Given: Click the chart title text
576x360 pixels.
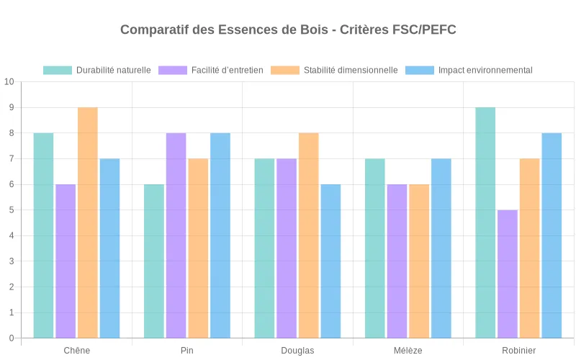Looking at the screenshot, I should click(x=288, y=30).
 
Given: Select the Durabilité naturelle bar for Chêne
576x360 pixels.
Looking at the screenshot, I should click(x=43, y=235).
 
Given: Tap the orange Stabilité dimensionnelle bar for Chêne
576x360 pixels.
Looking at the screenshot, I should click(x=88, y=222).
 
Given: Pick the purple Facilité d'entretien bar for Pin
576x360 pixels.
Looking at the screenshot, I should click(x=176, y=235).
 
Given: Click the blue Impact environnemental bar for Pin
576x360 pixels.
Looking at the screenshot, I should click(x=220, y=235).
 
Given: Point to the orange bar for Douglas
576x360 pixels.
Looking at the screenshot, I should click(x=309, y=235).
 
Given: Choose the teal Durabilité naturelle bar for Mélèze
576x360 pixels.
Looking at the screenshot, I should click(x=375, y=248).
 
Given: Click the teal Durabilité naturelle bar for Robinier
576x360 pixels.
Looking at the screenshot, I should click(x=485, y=222).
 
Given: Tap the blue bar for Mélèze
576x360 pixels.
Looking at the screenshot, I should click(x=441, y=248).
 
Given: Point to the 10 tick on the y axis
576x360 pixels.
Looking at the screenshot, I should click(x=9, y=81).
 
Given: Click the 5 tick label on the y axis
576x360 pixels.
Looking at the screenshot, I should click(x=11, y=210).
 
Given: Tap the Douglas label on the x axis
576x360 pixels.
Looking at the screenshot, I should click(x=297, y=351).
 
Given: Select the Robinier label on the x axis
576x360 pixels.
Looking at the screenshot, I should click(x=518, y=351).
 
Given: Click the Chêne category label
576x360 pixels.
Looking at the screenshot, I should click(x=77, y=351).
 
